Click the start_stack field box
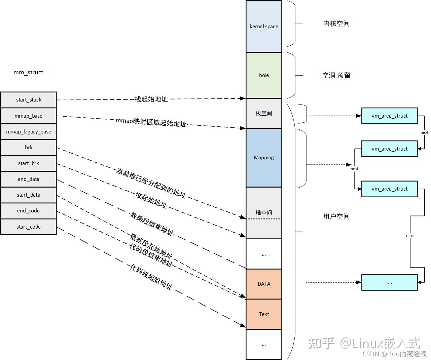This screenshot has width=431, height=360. click(x=29, y=100)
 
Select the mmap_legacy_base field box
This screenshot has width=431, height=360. click(x=29, y=132)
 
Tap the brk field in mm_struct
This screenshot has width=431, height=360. click(x=29, y=148)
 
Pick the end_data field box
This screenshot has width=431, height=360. click(x=29, y=179)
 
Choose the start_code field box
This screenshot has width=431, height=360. click(x=29, y=227)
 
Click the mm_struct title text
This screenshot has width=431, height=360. click(x=28, y=72)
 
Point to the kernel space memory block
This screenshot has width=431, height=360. click(x=264, y=27)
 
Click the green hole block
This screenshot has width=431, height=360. click(x=264, y=75)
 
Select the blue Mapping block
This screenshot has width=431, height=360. click(x=264, y=158)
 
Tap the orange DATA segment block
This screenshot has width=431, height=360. click(x=264, y=284)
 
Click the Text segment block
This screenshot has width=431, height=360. click(x=264, y=314)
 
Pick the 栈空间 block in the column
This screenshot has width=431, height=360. click(x=264, y=113)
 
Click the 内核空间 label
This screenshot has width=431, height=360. click(x=336, y=24)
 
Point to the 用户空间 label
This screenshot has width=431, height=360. click(x=336, y=216)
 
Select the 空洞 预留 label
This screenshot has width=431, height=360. click(x=336, y=75)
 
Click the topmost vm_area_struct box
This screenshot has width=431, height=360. click(x=389, y=116)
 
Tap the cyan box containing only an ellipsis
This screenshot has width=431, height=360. click(x=389, y=283)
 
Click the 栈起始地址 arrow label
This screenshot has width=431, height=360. click(x=151, y=99)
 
